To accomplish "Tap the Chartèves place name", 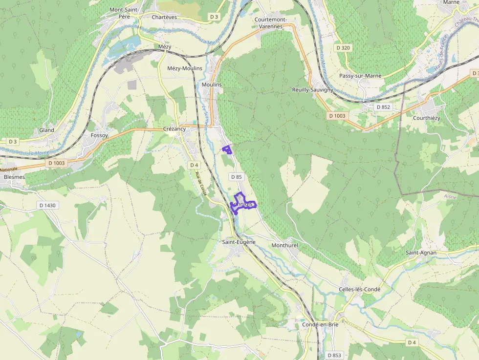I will (164, 17).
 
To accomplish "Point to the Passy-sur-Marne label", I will (360, 76).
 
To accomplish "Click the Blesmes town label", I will (14, 177).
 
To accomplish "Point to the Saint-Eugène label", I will (239, 242).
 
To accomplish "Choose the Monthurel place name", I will (284, 245).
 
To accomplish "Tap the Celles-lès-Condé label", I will (359, 289).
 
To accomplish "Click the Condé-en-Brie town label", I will (321, 324).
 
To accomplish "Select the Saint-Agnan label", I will (421, 253).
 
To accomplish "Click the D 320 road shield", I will (344, 48).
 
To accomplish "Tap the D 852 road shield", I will (383, 106).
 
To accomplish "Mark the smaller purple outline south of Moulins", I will (227, 149).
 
